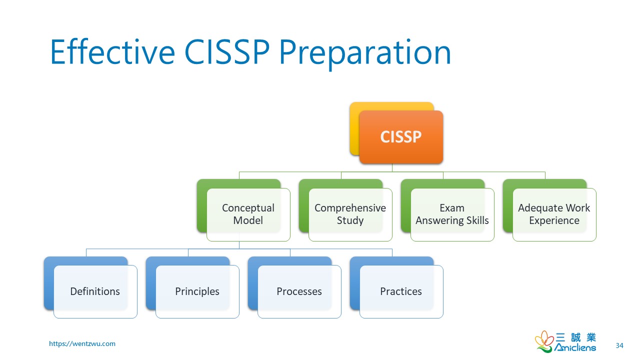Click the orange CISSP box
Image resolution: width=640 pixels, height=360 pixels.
coord(401,137)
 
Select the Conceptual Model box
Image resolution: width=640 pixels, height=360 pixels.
coord(248,214)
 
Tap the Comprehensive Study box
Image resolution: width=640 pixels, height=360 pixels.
coord(350,214)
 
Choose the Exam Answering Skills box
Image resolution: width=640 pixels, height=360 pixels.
coord(452,214)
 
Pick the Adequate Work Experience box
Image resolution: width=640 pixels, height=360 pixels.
coord(554,214)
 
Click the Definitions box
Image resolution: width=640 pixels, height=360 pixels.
coord(95,291)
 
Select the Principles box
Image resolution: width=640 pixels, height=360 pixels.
coord(197,291)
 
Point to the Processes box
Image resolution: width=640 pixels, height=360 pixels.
coord(299,291)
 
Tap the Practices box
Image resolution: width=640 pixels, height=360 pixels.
coord(401,291)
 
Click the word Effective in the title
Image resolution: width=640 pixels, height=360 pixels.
coord(112,52)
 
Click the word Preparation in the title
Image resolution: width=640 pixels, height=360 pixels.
coord(365,52)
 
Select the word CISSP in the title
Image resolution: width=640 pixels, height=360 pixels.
coord(227,52)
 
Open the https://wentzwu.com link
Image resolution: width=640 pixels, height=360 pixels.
coord(82,343)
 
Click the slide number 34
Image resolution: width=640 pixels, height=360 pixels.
coord(619,345)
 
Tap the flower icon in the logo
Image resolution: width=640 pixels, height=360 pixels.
coord(544,341)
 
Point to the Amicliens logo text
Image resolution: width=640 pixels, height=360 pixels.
coord(576,347)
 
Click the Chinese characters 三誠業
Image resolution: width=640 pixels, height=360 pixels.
coord(576,337)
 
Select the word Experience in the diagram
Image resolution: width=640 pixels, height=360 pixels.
coord(554,220)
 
